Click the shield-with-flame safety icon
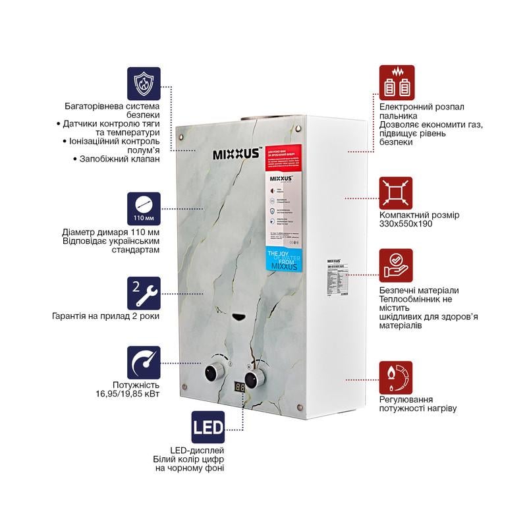[x=144, y=82]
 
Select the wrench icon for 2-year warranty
[x=144, y=293]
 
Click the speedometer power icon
[x=144, y=363]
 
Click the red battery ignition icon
[x=396, y=82]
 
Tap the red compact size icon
[x=396, y=194]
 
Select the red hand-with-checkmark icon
[x=396, y=265]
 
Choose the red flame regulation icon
[x=396, y=377]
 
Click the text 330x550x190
[x=405, y=224]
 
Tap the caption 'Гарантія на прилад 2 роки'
[x=105, y=316]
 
